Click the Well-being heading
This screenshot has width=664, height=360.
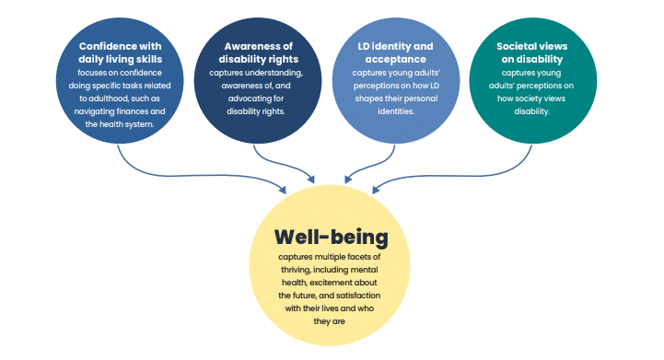pyautogui.click(x=332, y=238)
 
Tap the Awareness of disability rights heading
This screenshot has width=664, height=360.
pyautogui.click(x=256, y=52)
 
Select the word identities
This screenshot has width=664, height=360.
pyautogui.click(x=392, y=110)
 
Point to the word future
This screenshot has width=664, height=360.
pyautogui.click(x=317, y=295)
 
